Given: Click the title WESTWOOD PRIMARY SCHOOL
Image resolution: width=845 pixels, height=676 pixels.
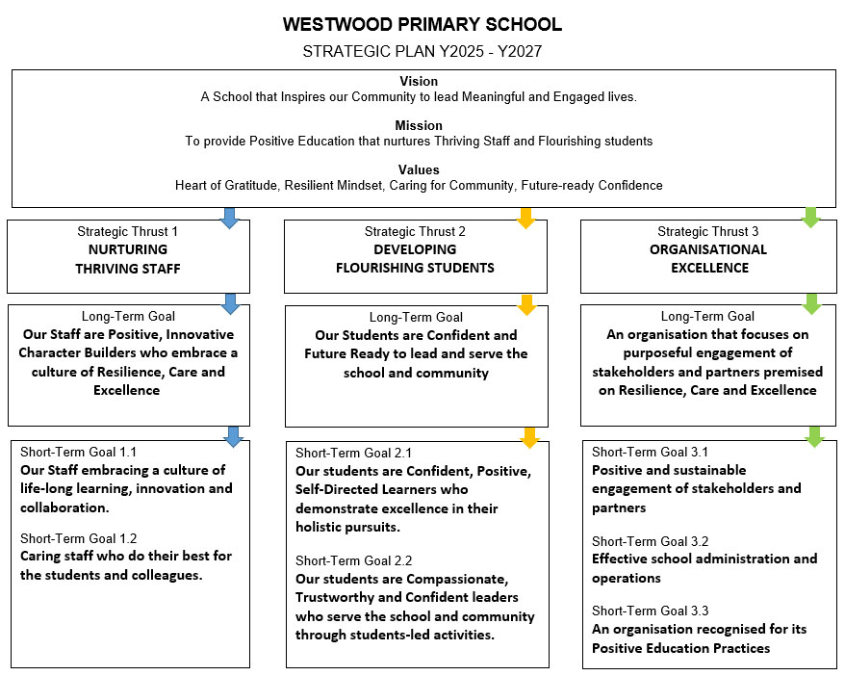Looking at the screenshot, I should (422, 25).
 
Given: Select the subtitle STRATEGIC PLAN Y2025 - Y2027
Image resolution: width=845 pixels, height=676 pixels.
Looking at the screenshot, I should (422, 51).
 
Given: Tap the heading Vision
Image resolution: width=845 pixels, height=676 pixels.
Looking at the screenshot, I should (418, 82).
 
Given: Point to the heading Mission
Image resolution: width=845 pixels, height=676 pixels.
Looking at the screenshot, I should (419, 125).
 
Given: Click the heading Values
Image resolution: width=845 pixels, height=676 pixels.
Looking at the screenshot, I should (419, 169).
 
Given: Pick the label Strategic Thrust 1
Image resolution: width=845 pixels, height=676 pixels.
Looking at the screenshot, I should (128, 231).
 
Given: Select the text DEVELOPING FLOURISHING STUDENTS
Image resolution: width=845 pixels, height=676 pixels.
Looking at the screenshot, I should (415, 258).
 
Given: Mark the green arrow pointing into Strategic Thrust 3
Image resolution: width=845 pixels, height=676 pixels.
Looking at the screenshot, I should (811, 218).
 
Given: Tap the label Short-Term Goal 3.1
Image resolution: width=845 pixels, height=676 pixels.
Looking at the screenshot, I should (650, 452).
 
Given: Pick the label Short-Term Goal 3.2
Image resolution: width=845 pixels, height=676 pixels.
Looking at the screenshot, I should (650, 540).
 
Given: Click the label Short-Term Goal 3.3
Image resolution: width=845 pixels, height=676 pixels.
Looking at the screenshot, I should (650, 611).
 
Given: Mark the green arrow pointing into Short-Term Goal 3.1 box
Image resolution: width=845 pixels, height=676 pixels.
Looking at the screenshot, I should (814, 437).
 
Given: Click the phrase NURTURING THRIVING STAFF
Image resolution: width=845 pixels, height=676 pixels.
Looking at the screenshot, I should (128, 258).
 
